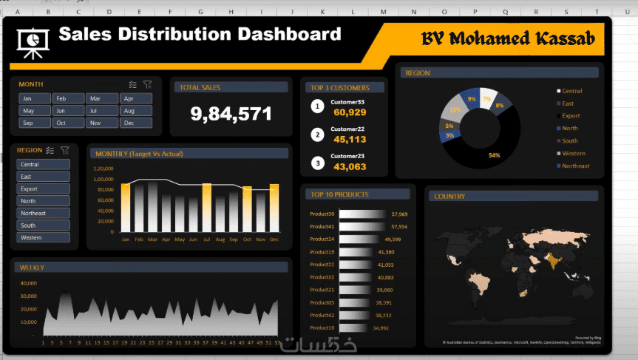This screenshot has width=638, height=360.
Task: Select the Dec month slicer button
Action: click(136, 123)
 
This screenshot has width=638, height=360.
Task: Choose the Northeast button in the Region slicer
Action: click(43, 213)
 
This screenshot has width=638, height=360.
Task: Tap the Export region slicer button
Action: click(43, 189)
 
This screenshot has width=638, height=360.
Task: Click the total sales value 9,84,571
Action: click(231, 114)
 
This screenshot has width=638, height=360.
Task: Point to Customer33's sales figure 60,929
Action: click(350, 112)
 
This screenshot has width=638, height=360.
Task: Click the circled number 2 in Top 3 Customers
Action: click(318, 135)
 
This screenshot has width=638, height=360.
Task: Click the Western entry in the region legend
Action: click(574, 153)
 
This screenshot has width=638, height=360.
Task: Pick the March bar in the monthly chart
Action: click(152, 206)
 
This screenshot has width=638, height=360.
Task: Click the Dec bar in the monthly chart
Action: click(274, 208)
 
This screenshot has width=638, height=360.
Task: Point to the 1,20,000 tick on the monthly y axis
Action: click(103, 169)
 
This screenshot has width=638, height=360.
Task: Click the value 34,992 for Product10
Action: click(380, 327)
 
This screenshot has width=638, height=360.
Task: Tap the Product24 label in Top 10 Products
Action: click(322, 240)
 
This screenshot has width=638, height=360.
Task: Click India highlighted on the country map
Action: click(551, 259)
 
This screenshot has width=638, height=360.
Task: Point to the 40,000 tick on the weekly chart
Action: click(29, 283)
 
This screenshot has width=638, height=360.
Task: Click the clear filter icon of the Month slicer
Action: click(147, 84)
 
